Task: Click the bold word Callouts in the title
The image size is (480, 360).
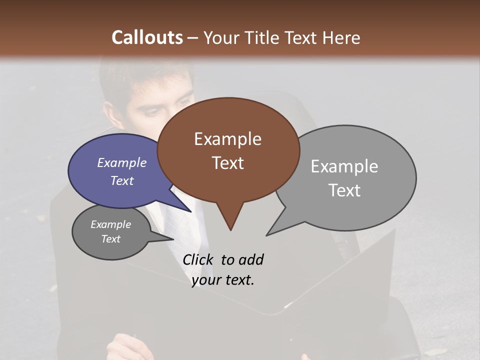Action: pos(147,37)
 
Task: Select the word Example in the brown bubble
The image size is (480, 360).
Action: pos(227,139)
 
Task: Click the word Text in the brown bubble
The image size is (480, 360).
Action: pos(228,163)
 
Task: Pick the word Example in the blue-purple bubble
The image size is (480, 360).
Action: pos(121,162)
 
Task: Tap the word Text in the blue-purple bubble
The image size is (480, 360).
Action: pos(122,180)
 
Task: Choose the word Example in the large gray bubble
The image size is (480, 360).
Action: pos(344,166)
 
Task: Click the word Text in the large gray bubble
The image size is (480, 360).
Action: pos(344,190)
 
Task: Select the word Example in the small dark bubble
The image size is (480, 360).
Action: pos(110,224)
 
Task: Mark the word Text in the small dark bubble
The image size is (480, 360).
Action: pos(111,239)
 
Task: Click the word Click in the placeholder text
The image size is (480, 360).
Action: pos(199,260)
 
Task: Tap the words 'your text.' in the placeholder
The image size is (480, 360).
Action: pos(223,280)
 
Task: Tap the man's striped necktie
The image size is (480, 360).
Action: pos(177,225)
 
